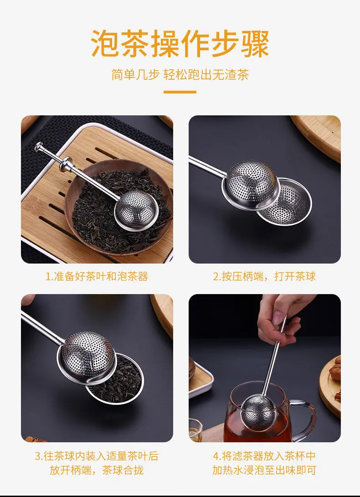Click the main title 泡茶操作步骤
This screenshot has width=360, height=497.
click(180, 44)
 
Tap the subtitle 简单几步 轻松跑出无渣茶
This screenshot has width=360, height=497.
click(180, 75)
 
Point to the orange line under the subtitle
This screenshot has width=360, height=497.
click(180, 92)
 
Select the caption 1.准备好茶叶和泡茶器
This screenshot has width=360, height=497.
click(97, 276)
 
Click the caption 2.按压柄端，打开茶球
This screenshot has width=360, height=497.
click(264, 276)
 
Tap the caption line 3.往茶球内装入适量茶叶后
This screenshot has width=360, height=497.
click(97, 456)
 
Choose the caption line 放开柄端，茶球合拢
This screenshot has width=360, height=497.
click(97, 470)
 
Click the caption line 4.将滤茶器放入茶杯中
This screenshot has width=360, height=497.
click(264, 456)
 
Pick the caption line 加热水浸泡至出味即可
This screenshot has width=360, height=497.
click(264, 470)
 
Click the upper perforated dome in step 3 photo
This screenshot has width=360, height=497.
click(86, 357)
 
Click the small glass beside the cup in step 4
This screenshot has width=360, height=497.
click(195, 430)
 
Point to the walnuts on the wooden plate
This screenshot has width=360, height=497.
click(336, 373)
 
